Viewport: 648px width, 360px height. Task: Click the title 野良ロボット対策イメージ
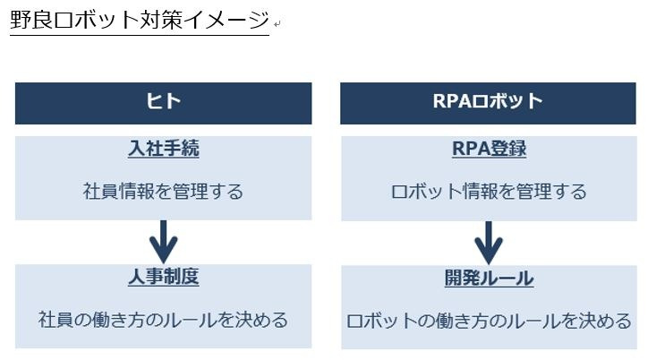(140, 20)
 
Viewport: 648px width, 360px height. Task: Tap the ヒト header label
(163, 101)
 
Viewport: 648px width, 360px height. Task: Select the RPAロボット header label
(488, 101)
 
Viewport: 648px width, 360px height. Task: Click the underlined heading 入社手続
(164, 148)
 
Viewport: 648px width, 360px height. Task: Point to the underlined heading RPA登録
(489, 149)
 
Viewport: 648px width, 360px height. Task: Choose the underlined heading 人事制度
(164, 277)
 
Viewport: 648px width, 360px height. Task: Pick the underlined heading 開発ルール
(489, 278)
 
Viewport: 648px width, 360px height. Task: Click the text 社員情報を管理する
(163, 192)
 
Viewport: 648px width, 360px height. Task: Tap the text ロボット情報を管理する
(489, 192)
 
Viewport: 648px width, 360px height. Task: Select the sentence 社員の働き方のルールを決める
(163, 320)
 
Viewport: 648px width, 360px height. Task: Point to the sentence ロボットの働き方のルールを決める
(489, 321)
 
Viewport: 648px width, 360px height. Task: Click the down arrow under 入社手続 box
(164, 242)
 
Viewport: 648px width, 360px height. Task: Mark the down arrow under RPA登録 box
(489, 243)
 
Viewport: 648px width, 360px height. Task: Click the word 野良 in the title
(31, 20)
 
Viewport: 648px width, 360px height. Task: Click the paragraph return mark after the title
(277, 24)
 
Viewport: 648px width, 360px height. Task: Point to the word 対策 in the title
(161, 20)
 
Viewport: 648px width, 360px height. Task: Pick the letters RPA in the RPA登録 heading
(471, 149)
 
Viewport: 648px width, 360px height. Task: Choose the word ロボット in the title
(97, 20)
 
